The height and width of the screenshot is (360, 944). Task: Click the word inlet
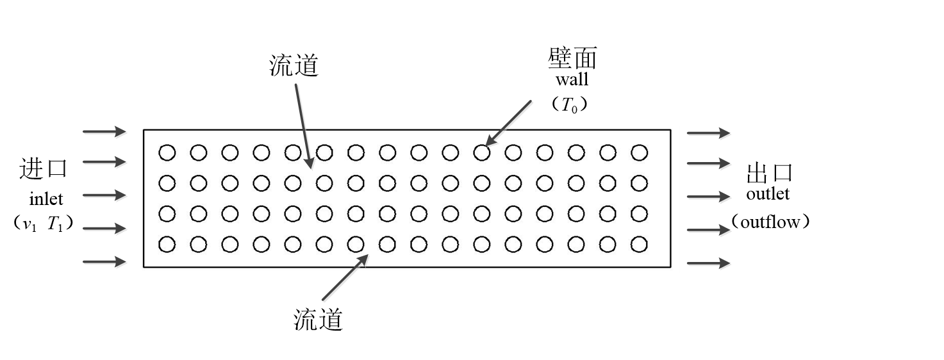46,199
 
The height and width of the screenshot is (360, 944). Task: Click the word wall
572,79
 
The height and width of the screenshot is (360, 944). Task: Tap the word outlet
768,193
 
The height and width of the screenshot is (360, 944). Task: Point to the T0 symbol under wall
569,105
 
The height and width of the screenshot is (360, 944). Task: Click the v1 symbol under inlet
30,225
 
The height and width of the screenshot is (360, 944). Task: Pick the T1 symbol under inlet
54,224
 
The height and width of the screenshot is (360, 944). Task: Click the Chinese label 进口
43,169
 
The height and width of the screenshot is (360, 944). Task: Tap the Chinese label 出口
770,172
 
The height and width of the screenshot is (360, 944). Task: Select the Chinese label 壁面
572,58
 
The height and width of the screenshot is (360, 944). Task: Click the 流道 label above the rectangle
294,65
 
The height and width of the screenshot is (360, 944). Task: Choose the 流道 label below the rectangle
318,319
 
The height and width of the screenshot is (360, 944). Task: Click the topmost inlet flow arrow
104,131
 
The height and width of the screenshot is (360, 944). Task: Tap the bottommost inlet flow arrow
104,261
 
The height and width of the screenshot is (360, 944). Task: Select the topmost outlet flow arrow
708,133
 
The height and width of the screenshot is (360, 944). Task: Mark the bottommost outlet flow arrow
708,263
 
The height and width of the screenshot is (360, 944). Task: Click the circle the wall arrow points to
482,152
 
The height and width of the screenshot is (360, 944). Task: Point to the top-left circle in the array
167,152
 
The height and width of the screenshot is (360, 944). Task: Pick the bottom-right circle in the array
640,244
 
